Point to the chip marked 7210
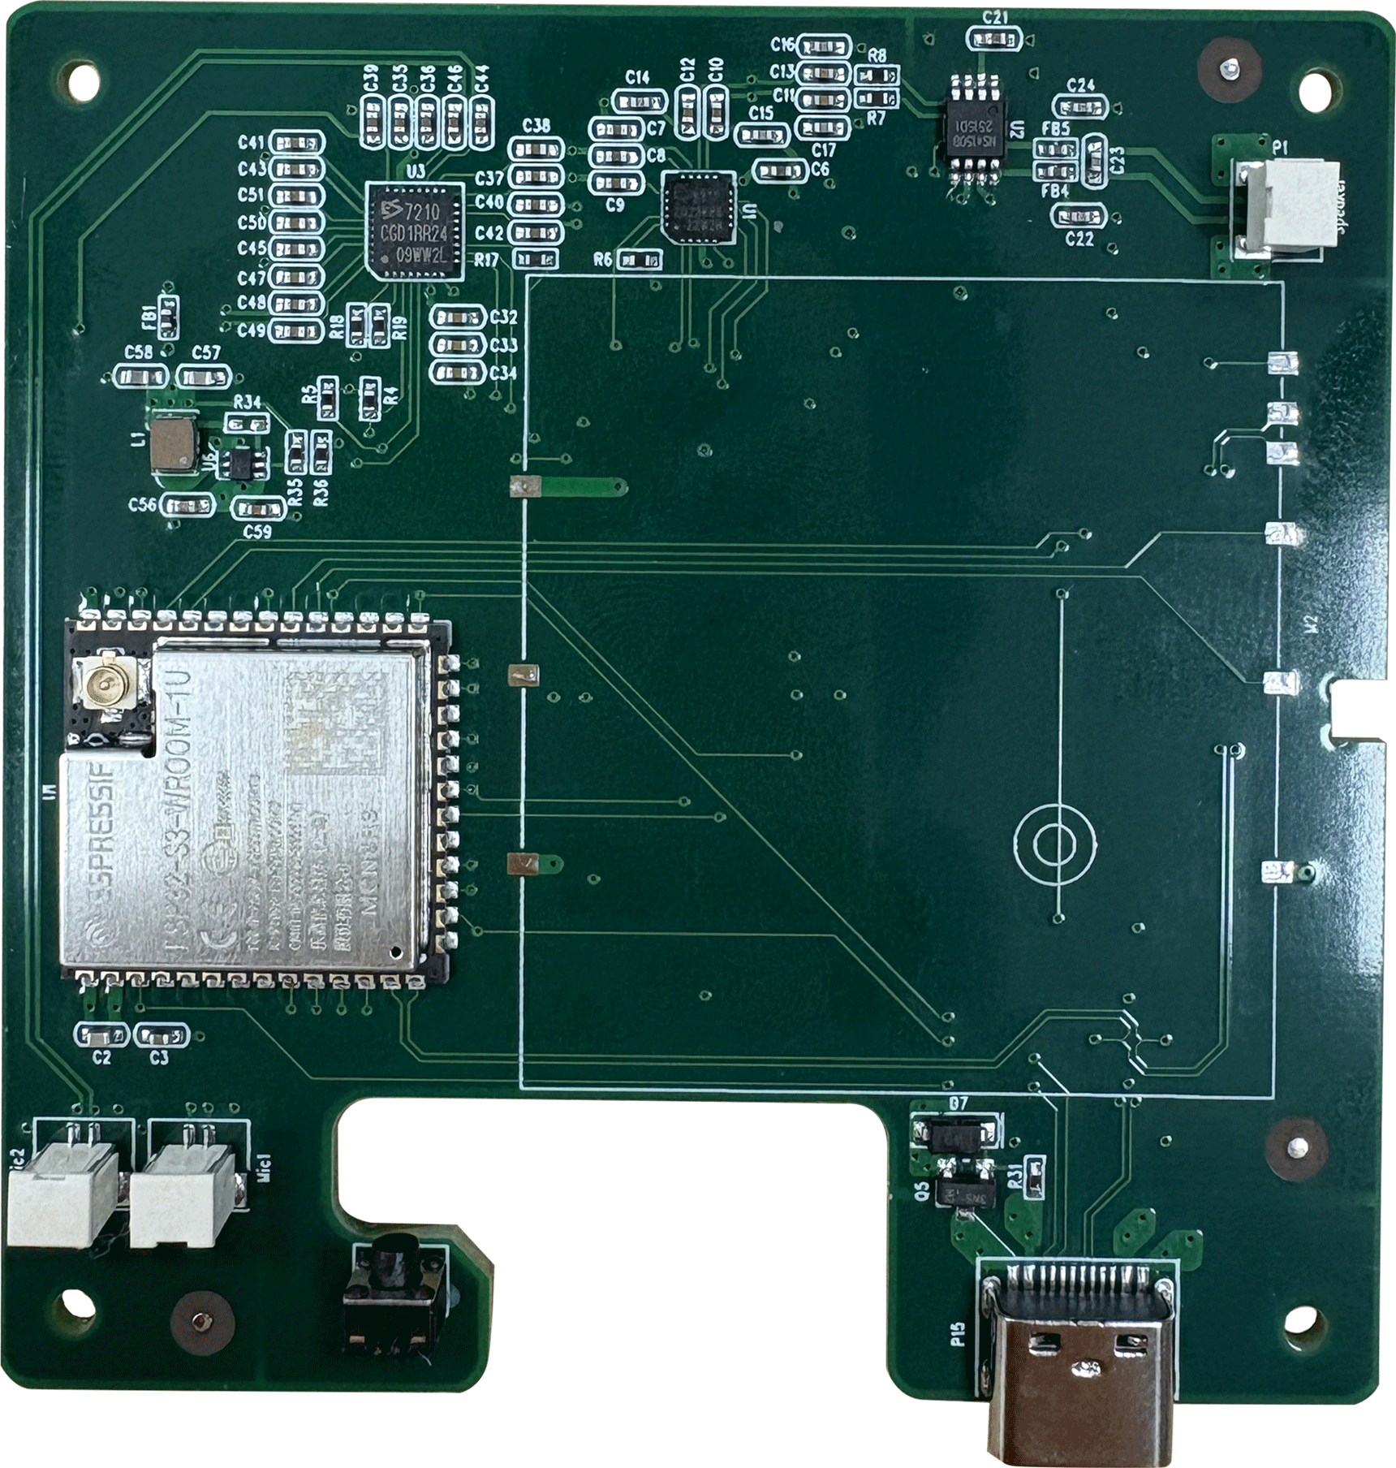pyautogui.click(x=415, y=232)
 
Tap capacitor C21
pyautogui.click(x=994, y=38)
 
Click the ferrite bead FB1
pyautogui.click(x=168, y=317)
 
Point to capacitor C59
pyautogui.click(x=258, y=509)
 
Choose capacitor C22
pyautogui.click(x=1079, y=216)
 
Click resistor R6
pyautogui.click(x=640, y=260)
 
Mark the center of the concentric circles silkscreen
pyautogui.click(x=1056, y=844)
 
